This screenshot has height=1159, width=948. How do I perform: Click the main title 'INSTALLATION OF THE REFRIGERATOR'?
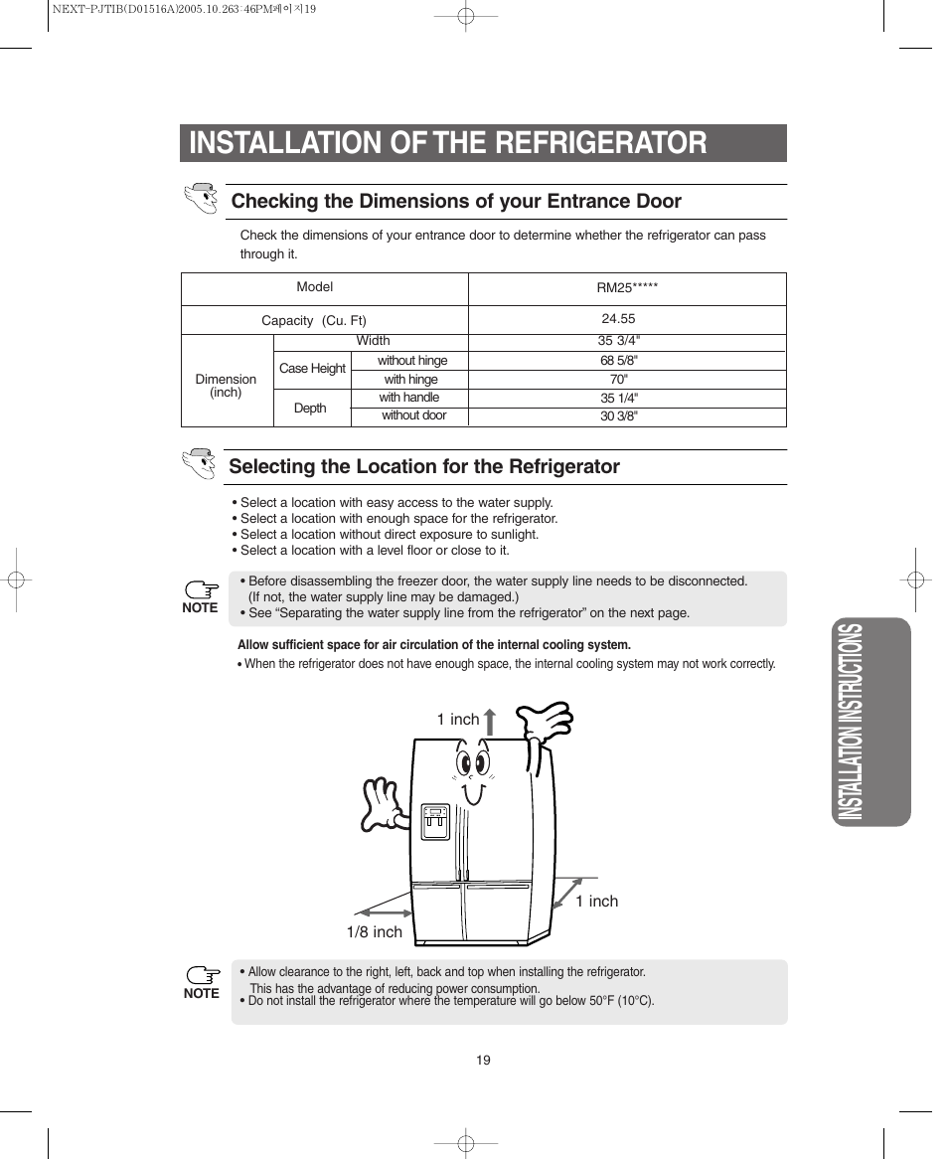click(448, 143)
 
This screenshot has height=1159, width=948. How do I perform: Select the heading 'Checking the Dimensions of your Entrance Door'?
click(456, 202)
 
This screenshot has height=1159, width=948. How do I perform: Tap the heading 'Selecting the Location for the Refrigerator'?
click(424, 467)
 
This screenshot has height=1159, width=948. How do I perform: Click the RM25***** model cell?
click(627, 288)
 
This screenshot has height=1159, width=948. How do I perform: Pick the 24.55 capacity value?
click(618, 319)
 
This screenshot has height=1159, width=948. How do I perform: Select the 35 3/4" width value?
click(619, 341)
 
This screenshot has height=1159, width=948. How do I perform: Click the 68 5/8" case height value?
click(619, 361)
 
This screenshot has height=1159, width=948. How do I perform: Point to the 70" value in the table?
click(619, 380)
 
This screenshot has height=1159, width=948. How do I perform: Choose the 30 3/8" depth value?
click(619, 416)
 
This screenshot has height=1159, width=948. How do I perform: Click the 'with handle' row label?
click(409, 398)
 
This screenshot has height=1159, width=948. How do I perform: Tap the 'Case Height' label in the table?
click(312, 369)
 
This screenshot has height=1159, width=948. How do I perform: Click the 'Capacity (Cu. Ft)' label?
click(314, 321)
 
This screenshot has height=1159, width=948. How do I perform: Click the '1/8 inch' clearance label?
click(375, 932)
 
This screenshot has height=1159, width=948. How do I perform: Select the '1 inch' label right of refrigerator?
click(596, 902)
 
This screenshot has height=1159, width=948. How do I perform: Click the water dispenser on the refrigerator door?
click(435, 822)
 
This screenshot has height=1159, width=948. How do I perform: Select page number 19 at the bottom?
click(483, 1061)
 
